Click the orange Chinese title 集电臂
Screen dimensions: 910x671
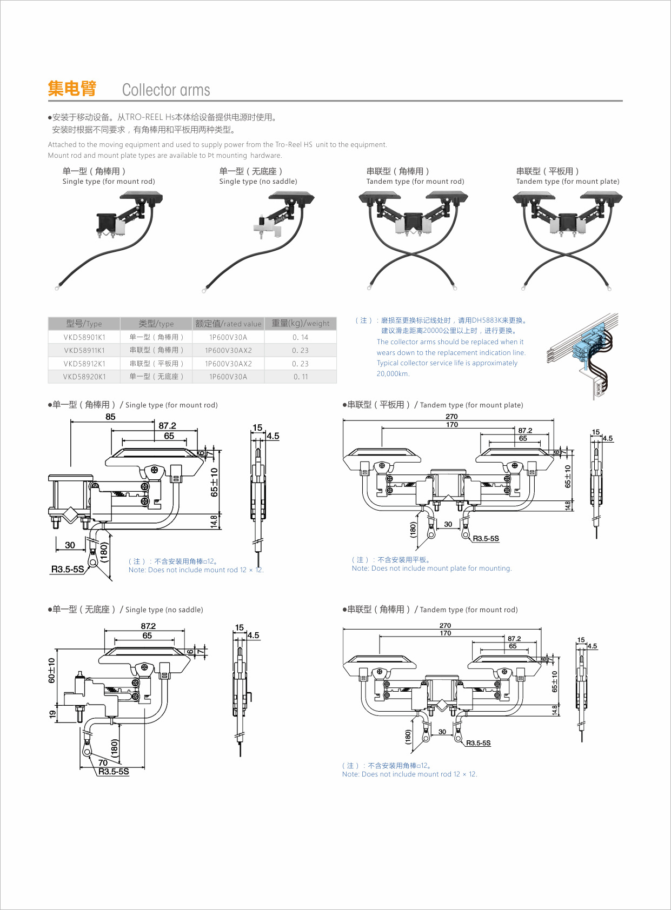click(x=72, y=89)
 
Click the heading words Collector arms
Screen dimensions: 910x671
click(x=166, y=90)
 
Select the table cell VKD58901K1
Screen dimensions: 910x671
click(x=84, y=337)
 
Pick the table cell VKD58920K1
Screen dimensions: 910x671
click(x=84, y=377)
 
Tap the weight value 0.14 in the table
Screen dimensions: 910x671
click(x=300, y=337)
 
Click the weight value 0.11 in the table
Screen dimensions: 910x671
click(x=301, y=377)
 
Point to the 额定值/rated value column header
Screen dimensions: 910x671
click(x=228, y=324)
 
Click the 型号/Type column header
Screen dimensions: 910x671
click(x=84, y=324)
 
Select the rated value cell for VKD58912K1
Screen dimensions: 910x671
click(x=228, y=364)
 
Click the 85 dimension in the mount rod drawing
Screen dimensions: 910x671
click(x=110, y=417)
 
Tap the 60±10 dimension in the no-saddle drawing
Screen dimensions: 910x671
click(x=52, y=670)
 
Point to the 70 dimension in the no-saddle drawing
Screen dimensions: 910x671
click(x=103, y=762)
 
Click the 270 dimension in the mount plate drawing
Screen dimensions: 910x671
click(x=451, y=416)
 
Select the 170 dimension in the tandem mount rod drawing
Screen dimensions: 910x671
click(x=445, y=633)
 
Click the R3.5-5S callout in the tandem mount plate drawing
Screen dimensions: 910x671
click(x=486, y=539)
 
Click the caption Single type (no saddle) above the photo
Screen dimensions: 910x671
click(x=258, y=182)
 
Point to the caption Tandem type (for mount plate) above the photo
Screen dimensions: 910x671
click(x=567, y=182)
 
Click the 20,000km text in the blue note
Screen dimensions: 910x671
click(x=393, y=373)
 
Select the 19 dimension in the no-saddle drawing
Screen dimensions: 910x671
click(x=52, y=714)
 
